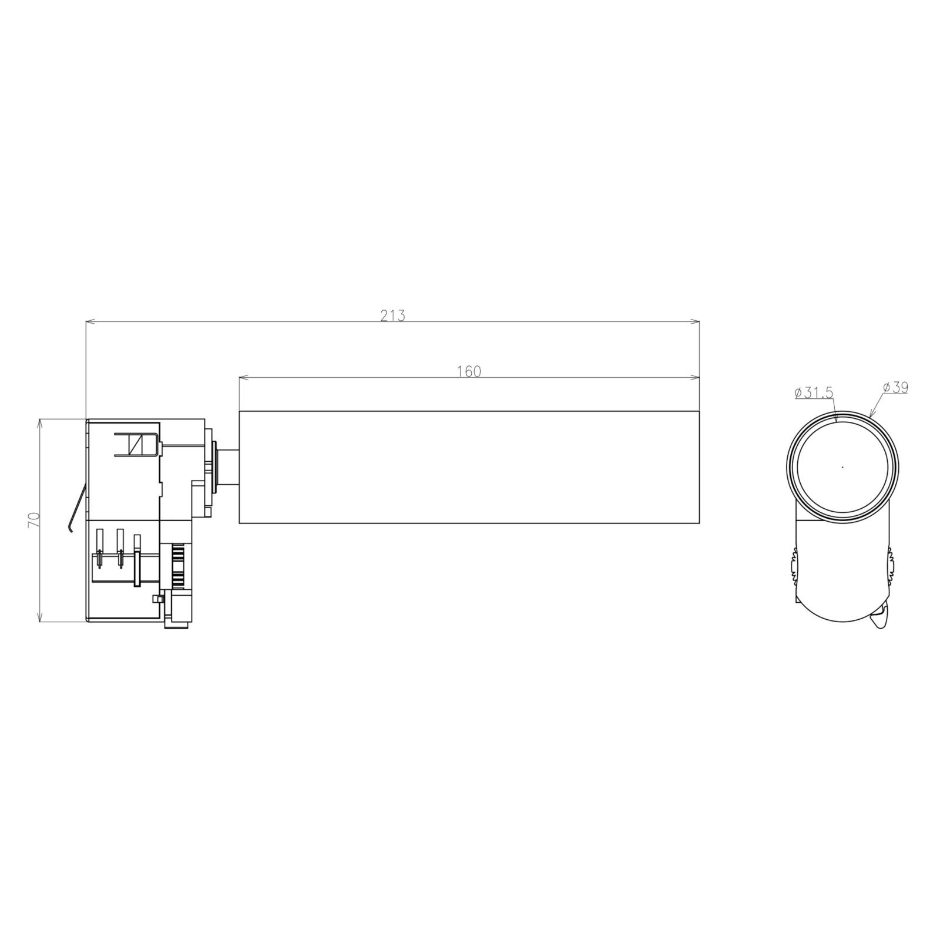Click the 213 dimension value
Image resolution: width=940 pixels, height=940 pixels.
[392, 315]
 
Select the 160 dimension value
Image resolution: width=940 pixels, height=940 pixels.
[469, 371]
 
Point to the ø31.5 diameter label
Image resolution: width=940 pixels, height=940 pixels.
[814, 393]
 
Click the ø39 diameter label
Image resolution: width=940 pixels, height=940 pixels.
[895, 388]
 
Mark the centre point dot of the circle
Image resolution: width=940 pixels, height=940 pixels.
[842, 467]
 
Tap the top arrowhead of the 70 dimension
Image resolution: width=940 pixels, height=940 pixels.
[40, 423]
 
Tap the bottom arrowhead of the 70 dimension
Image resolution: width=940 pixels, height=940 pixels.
[40, 617]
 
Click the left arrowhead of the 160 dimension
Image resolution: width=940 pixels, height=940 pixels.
[243, 377]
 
